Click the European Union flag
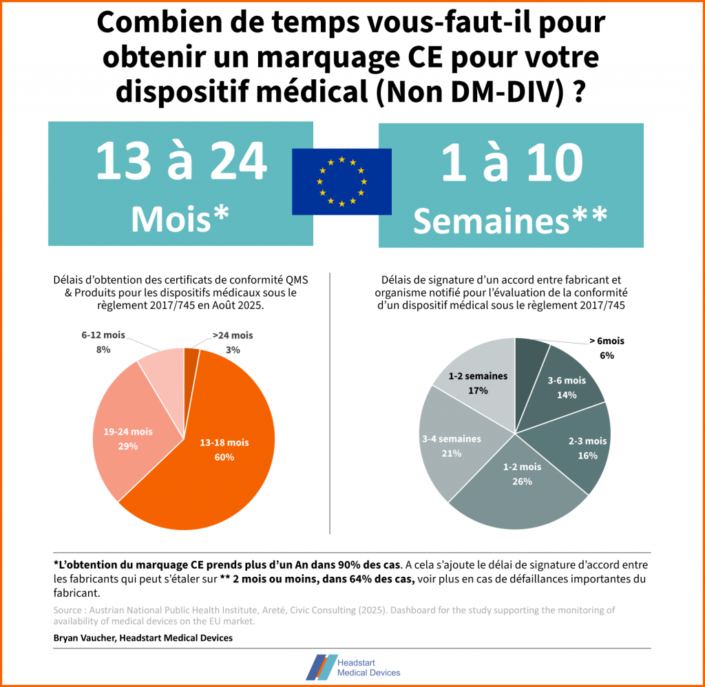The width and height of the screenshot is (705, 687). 341,181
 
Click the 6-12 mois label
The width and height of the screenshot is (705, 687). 103,335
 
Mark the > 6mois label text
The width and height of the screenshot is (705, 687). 607,341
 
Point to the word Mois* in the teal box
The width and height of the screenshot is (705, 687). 180,219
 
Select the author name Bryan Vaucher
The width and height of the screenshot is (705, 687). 85,638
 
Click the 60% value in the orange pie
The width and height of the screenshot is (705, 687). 224,457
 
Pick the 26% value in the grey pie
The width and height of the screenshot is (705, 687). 522,481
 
